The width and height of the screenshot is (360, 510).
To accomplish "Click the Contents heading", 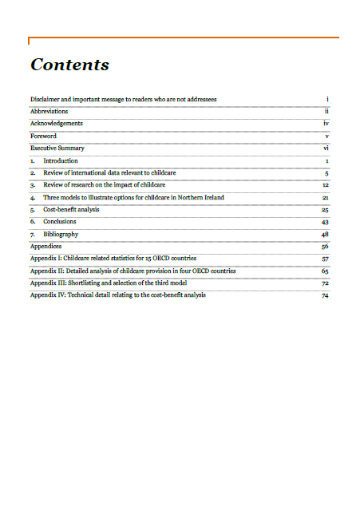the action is [69, 65].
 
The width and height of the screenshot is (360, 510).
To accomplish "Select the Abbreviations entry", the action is [49, 111].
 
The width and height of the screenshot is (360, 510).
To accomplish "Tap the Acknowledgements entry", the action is [56, 124].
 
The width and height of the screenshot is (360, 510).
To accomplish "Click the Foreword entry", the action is [43, 136].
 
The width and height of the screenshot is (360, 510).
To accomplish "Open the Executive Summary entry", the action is [57, 148].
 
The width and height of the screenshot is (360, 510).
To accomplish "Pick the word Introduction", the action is [61, 160].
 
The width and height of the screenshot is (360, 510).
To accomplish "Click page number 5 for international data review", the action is [327, 172].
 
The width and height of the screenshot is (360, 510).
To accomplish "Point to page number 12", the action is [326, 185].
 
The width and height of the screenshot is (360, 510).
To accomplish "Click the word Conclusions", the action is [60, 221].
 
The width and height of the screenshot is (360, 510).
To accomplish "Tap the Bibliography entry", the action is [61, 234].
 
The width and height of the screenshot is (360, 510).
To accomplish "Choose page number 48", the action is [326, 234].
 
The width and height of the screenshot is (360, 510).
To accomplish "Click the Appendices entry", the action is [45, 247].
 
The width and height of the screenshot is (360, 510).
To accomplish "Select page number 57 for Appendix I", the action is [326, 259].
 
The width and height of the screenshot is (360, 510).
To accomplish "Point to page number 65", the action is [326, 271].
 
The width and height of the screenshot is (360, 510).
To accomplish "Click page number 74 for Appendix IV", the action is [326, 295].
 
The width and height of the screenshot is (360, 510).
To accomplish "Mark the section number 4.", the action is [33, 197].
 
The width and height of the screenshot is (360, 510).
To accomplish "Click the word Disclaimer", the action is [45, 99].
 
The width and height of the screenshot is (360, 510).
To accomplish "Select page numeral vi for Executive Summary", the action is [326, 148].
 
